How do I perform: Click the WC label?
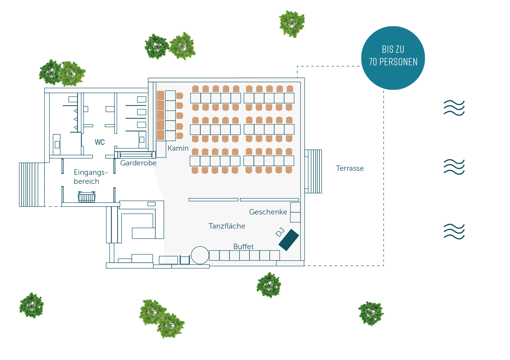(x=100, y=142)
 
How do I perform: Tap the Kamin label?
(x=178, y=148)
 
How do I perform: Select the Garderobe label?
(x=138, y=163)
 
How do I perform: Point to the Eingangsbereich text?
(x=90, y=177)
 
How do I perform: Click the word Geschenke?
(x=268, y=212)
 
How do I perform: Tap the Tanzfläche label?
(x=227, y=226)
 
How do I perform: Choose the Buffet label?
(x=243, y=246)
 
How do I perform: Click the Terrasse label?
(x=350, y=168)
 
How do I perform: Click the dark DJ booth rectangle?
(x=289, y=240)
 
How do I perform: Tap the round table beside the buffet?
(x=200, y=255)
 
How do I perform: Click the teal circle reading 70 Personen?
(x=393, y=58)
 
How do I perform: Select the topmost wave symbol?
(x=454, y=108)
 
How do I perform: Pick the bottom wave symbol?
(x=454, y=232)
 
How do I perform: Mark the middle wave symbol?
(x=454, y=167)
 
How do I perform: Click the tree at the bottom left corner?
(x=32, y=305)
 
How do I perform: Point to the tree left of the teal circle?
(x=292, y=24)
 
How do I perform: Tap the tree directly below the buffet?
(x=269, y=285)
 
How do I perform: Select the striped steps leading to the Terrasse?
(x=313, y=171)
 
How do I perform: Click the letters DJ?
(x=280, y=232)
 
